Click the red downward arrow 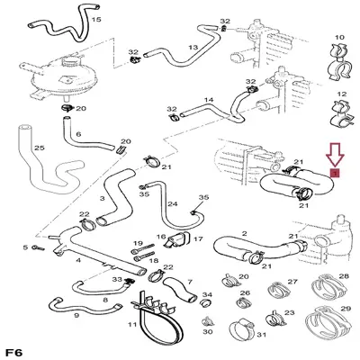(335, 155)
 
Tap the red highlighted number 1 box (335, 173)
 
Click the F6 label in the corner (13, 353)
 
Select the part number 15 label (96, 20)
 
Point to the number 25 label (40, 148)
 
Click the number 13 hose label (193, 47)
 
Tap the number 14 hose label (209, 100)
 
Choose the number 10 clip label (339, 38)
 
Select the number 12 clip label (341, 94)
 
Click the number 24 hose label (173, 204)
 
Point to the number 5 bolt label (25, 247)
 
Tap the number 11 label (132, 324)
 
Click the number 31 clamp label (261, 335)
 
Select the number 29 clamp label (346, 309)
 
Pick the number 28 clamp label (344, 275)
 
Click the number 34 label (207, 295)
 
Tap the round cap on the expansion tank (69, 62)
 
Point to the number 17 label (198, 239)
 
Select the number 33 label (117, 280)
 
